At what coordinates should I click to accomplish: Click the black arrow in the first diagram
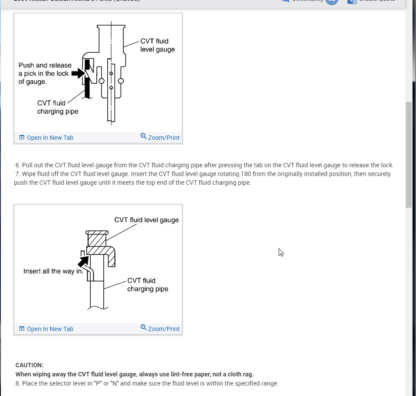click(78, 73)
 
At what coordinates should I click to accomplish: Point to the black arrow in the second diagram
click(83, 262)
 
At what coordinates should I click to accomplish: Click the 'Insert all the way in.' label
click(53, 271)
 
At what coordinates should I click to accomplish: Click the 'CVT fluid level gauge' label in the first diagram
click(157, 45)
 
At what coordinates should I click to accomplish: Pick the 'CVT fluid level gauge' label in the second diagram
click(147, 220)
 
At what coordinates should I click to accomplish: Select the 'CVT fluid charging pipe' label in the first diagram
click(58, 107)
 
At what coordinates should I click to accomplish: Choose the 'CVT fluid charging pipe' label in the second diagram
click(147, 284)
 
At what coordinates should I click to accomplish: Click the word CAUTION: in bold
click(29, 365)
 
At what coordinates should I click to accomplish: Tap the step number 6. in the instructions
click(18, 165)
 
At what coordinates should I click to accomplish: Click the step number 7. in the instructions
click(18, 174)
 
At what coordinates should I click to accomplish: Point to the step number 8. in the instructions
click(18, 383)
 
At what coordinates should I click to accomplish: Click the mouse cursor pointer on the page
click(281, 252)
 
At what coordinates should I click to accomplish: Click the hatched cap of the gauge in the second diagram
click(97, 240)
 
